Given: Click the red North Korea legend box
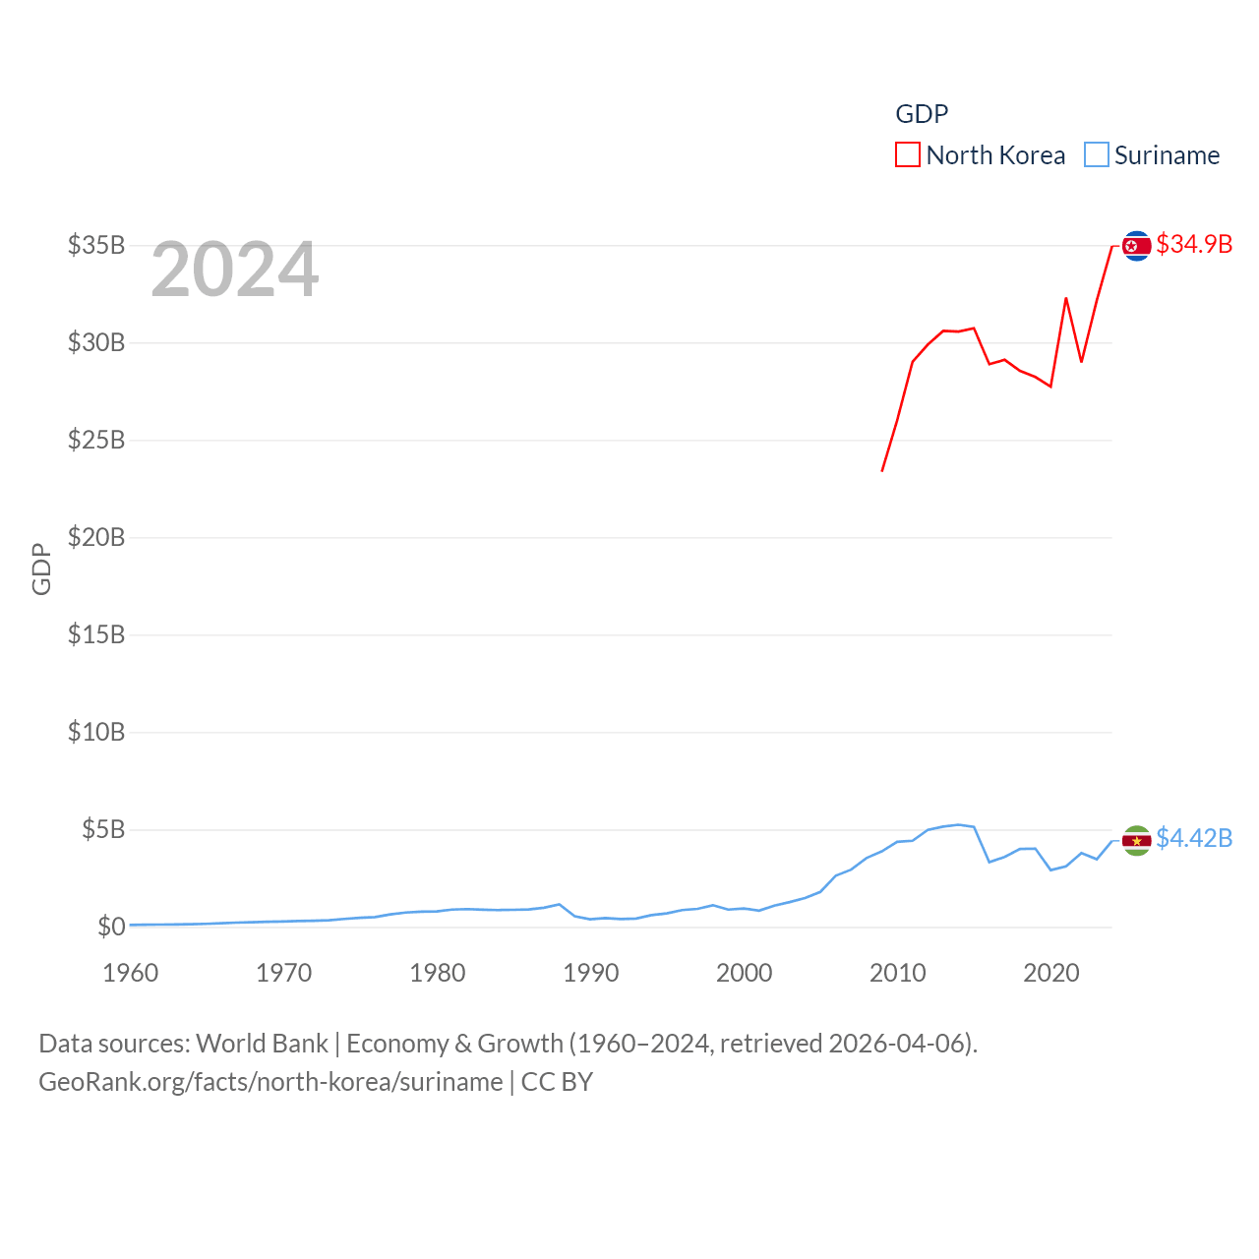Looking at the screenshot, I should (907, 155).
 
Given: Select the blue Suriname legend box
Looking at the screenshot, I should (1096, 155).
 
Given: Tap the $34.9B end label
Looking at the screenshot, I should (1194, 244).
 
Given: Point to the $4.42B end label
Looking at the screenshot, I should (1194, 838).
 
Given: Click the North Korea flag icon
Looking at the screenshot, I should (1137, 246).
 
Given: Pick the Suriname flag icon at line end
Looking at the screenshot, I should (1137, 841).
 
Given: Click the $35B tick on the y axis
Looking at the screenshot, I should (96, 245).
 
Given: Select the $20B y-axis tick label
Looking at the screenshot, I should (96, 537).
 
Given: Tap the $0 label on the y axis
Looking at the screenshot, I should (111, 927).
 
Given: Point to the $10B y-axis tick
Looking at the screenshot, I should (96, 732).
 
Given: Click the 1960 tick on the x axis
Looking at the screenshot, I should (131, 973).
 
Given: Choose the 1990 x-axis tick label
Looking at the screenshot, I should (591, 973).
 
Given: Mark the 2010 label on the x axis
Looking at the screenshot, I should (898, 973).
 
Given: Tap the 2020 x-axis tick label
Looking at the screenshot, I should (1051, 973).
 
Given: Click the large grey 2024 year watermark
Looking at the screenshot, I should (235, 270).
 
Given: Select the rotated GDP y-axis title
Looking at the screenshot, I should (41, 569).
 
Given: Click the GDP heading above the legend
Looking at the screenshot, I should (922, 114).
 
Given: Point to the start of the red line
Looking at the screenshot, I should (882, 470).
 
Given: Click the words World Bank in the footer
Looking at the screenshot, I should (262, 1044).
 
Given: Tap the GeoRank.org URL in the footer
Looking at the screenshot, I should (270, 1082).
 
